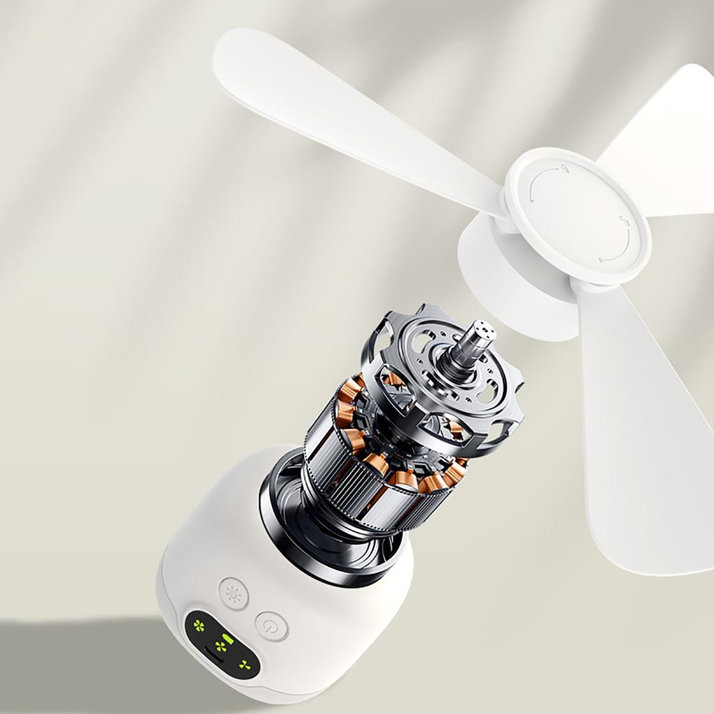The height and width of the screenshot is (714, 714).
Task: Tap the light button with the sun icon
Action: point(234,593)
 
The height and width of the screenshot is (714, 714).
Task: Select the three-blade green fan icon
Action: point(244,665)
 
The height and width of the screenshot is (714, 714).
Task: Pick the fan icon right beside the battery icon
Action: point(221,647)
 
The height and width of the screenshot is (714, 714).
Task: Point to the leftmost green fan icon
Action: point(200,624)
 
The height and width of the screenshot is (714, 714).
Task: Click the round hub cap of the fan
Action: point(577,216)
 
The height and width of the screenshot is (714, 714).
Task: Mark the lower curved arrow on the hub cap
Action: point(616,244)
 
